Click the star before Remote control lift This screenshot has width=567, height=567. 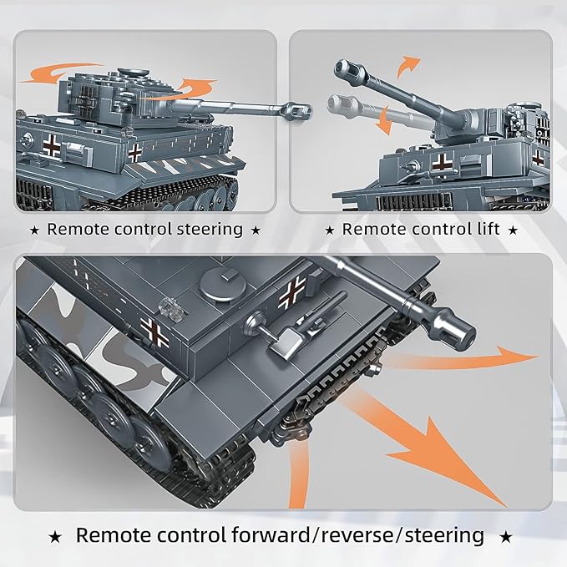[331, 229]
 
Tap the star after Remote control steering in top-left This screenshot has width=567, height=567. [256, 229]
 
